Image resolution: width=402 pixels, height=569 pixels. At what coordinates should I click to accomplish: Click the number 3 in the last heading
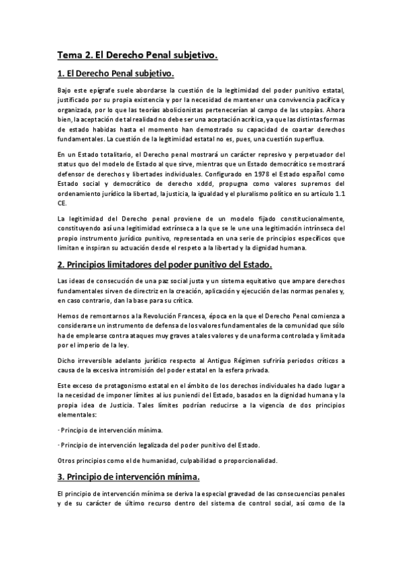60,477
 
